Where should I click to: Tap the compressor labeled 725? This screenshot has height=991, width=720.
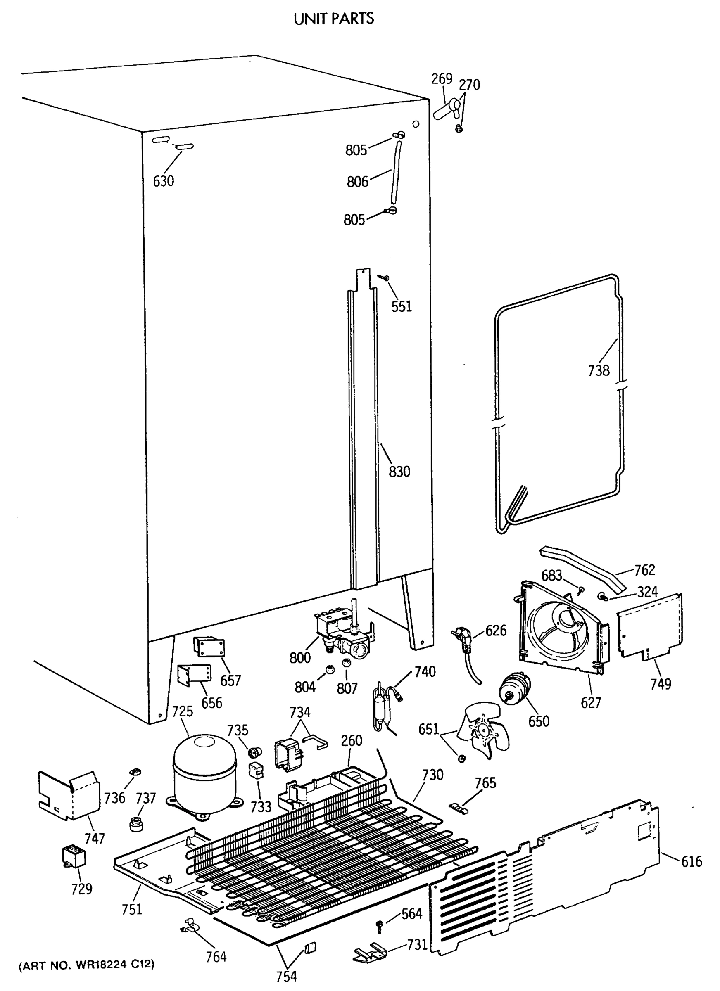204,771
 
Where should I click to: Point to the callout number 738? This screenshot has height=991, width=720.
599,371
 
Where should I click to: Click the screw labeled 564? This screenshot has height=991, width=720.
380,925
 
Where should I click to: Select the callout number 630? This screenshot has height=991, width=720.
164,181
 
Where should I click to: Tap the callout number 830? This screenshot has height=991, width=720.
399,472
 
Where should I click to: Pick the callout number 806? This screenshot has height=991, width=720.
357,182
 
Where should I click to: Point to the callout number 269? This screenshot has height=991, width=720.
442,79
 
